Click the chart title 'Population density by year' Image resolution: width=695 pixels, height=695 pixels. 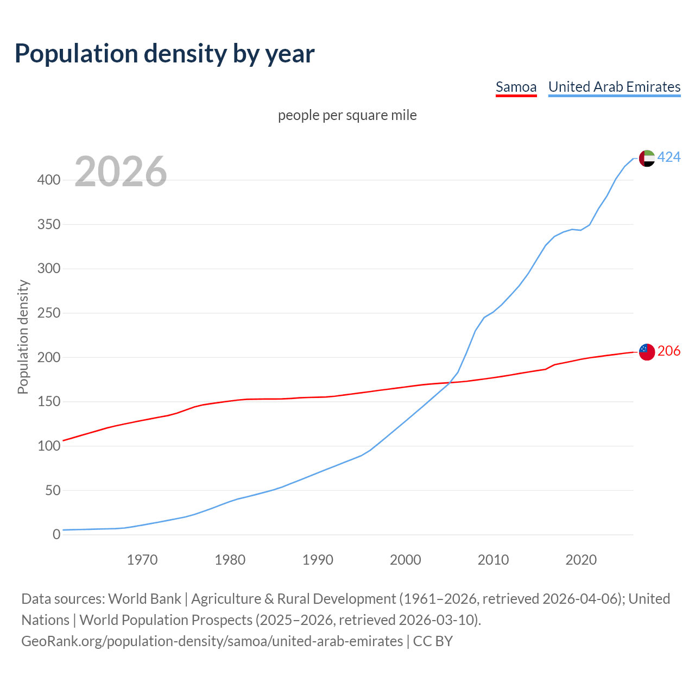click(165, 53)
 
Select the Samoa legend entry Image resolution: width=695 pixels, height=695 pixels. click(516, 87)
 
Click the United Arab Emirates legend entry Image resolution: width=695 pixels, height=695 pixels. click(614, 87)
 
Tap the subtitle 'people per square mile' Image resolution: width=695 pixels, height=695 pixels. click(347, 115)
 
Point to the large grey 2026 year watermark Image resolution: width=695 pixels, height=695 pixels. click(121, 172)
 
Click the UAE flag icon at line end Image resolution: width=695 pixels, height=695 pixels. click(647, 158)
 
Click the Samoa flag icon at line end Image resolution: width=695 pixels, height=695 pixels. click(647, 352)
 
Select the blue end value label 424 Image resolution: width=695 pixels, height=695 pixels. click(669, 157)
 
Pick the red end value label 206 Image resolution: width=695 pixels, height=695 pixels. click(669, 351)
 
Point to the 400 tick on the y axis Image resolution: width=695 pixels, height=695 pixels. click(49, 180)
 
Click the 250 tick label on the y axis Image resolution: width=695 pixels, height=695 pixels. click(49, 313)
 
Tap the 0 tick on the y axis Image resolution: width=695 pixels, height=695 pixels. click(56, 535)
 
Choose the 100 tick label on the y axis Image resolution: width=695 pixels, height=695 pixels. click(49, 446)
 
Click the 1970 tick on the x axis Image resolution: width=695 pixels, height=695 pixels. click(142, 560)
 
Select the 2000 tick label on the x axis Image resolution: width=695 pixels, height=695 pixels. click(406, 560)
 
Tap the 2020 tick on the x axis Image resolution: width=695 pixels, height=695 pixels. click(581, 560)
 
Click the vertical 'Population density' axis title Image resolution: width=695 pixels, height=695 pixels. click(23, 337)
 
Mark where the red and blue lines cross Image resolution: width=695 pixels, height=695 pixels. click(449, 382)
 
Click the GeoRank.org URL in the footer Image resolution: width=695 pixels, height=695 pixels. click(212, 641)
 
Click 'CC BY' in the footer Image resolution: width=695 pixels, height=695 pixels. click(433, 641)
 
